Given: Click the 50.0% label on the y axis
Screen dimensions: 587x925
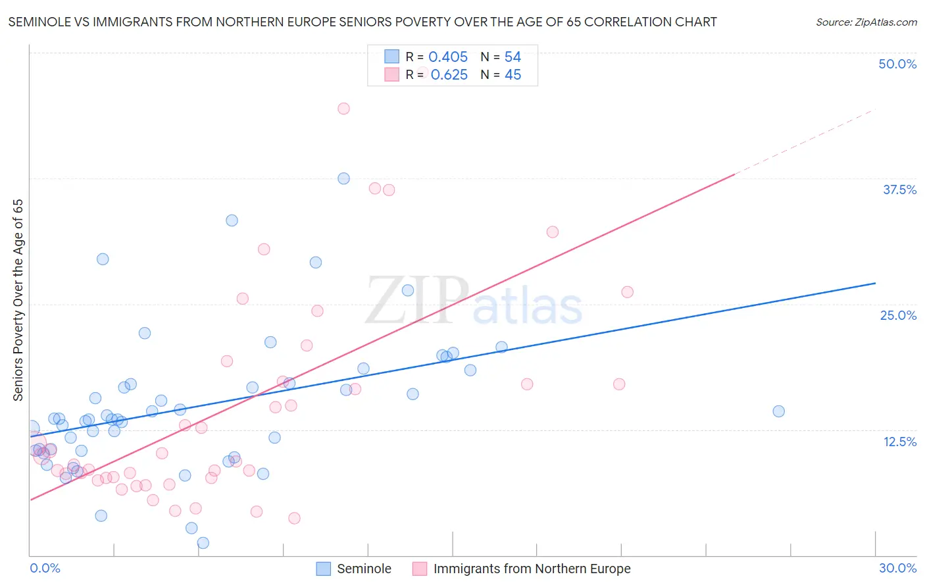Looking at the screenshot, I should (897, 64).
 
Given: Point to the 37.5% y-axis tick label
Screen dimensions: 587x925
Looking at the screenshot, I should (899, 190).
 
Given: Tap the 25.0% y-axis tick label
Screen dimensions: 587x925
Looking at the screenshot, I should (898, 315).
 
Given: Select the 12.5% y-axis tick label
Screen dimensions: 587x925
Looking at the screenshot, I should (899, 442).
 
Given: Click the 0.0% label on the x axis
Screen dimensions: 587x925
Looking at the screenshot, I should (45, 568).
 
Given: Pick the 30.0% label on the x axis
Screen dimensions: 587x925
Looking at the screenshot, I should (897, 568).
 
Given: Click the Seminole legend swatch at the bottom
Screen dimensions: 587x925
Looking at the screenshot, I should (323, 569).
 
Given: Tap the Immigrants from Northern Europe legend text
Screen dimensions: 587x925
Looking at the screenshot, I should (532, 569).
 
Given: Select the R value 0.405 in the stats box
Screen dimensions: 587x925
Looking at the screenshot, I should (448, 57).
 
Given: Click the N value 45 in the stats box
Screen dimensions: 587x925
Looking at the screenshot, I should (512, 75).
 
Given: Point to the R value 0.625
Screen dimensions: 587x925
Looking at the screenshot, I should (449, 75).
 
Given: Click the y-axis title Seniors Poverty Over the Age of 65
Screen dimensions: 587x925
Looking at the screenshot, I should (18, 300).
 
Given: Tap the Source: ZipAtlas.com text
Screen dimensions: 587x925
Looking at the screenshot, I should (866, 22).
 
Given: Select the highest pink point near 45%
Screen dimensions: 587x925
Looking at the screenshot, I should (343, 109).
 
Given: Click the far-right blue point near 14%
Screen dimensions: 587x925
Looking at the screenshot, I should (778, 411).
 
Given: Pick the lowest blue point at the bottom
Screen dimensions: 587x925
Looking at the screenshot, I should (203, 543).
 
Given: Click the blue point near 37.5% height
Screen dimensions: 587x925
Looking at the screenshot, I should (343, 178).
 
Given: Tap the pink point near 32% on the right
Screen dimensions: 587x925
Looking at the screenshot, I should (553, 232).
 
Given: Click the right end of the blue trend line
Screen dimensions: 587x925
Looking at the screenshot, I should (875, 283).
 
